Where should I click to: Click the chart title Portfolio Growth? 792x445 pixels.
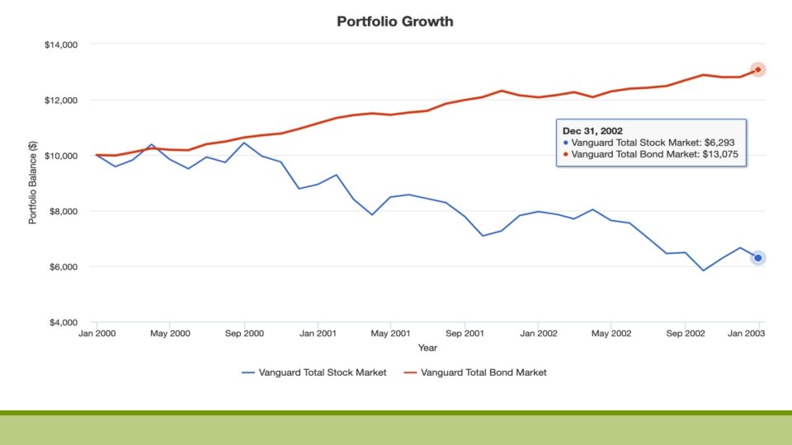(x=394, y=21)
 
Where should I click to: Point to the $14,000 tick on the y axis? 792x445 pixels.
(x=61, y=44)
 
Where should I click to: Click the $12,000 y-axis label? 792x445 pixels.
(x=61, y=101)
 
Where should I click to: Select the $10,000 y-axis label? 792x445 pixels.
(x=61, y=156)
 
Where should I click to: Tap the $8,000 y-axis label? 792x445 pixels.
(x=63, y=212)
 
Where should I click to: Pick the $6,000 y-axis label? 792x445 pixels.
(x=63, y=267)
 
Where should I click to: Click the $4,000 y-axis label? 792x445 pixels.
(x=63, y=323)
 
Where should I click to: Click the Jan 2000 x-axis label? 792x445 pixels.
(x=97, y=334)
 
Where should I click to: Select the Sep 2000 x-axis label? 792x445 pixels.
(x=244, y=334)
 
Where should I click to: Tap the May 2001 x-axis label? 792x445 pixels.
(x=391, y=334)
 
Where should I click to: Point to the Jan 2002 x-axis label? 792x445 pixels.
(x=538, y=334)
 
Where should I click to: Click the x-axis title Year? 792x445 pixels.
(x=427, y=348)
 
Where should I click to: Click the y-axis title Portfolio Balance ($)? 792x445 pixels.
(x=33, y=183)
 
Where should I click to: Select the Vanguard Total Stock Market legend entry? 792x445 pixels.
(x=313, y=372)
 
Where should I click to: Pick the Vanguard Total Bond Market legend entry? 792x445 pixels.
(x=474, y=372)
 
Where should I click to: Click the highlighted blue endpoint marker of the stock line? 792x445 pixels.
(x=757, y=258)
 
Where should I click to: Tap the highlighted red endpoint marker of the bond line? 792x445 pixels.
(x=757, y=70)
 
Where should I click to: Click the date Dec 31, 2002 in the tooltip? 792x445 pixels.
(x=592, y=130)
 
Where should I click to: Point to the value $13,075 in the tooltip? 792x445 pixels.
(x=720, y=153)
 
